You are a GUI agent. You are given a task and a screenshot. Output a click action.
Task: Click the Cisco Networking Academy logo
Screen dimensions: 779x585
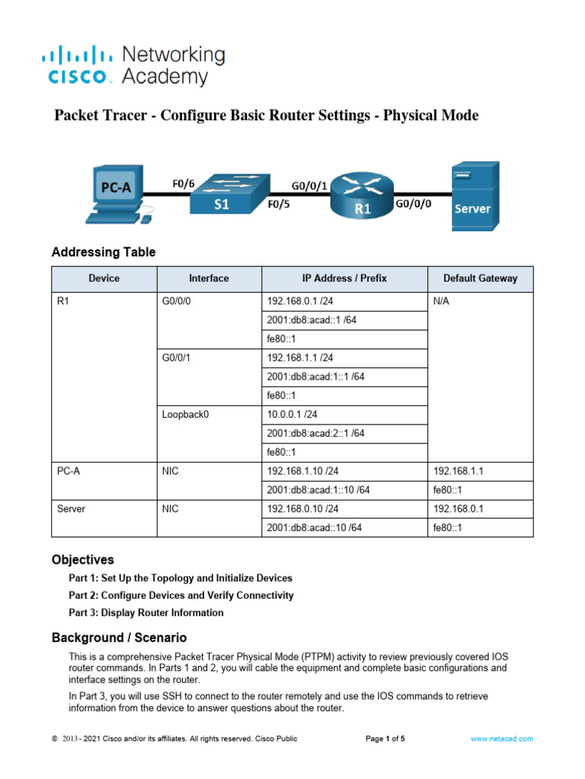(x=133, y=65)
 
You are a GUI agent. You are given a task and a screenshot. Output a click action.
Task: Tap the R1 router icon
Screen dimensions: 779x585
(x=362, y=197)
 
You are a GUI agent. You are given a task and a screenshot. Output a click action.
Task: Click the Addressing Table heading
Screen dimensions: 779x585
(x=103, y=253)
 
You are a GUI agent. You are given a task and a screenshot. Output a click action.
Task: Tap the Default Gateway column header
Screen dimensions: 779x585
(x=480, y=278)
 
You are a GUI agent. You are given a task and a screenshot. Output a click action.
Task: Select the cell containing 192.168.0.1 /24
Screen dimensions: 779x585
(x=300, y=300)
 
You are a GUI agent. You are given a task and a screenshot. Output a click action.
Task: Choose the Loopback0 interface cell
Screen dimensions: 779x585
(x=184, y=415)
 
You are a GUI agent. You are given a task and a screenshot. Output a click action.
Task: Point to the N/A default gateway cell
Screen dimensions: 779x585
(x=441, y=300)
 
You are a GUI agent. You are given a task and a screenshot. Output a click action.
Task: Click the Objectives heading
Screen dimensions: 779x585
(x=82, y=559)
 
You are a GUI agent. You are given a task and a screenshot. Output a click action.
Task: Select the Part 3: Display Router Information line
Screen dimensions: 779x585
(x=146, y=612)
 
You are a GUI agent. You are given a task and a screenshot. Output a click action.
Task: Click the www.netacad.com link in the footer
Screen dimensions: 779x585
(x=501, y=739)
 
